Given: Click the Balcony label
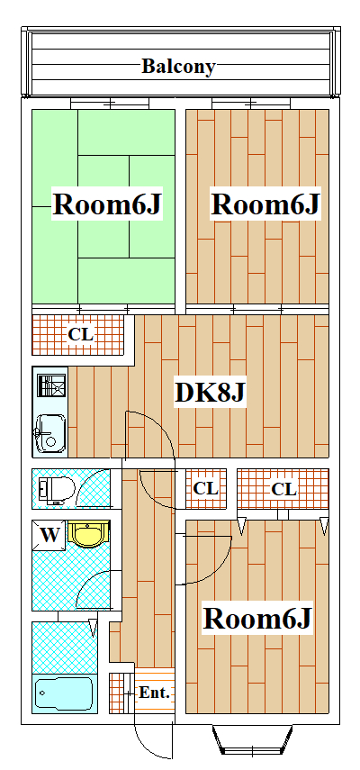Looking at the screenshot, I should pyautogui.click(x=178, y=66).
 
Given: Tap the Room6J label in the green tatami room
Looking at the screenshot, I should pyautogui.click(x=107, y=204).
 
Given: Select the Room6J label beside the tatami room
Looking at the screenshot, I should pyautogui.click(x=265, y=204).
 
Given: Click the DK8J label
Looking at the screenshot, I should pyautogui.click(x=210, y=392).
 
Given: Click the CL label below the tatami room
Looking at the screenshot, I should pyautogui.click(x=81, y=335).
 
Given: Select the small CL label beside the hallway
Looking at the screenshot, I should pyautogui.click(x=206, y=489).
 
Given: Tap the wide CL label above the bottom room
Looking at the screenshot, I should pyautogui.click(x=283, y=489).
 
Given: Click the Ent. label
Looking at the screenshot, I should pyautogui.click(x=155, y=693).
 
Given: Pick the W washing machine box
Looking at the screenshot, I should pyautogui.click(x=50, y=535).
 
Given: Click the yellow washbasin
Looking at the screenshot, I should pyautogui.click(x=88, y=535).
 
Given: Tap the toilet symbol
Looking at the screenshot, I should pyautogui.click(x=55, y=489).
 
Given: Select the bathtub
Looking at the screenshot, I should pyautogui.click(x=63, y=693).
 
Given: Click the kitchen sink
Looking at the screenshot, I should pyautogui.click(x=49, y=434).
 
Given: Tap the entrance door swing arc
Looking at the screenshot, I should pyautogui.click(x=151, y=743).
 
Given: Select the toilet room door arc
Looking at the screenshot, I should pyautogui.click(x=93, y=491).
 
